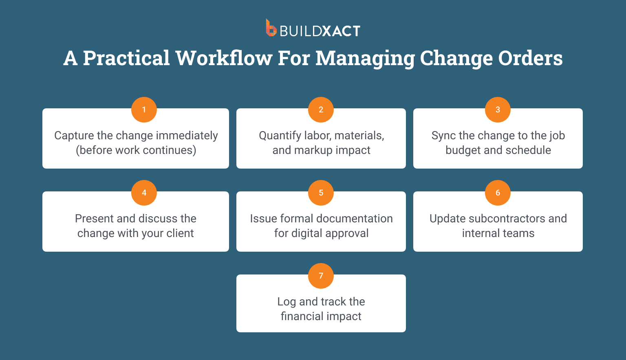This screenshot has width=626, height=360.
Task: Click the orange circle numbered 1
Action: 144,110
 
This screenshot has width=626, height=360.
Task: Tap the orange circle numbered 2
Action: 321,110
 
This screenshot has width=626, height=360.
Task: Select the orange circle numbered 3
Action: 498,110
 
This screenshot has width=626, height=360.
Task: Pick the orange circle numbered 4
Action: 144,193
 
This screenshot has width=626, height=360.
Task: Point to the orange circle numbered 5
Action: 321,193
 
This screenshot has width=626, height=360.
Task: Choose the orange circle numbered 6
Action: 498,193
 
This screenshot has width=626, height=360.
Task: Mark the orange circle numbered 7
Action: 321,276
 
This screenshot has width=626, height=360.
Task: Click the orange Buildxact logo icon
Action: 271,28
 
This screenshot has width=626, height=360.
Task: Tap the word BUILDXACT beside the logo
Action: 320,31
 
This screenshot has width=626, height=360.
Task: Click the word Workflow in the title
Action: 224,58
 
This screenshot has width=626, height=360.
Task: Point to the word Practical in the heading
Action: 126,58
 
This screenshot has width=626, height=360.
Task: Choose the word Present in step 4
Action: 94,219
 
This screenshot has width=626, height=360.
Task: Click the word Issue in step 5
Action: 263,219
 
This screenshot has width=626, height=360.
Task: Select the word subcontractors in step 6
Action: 507,219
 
